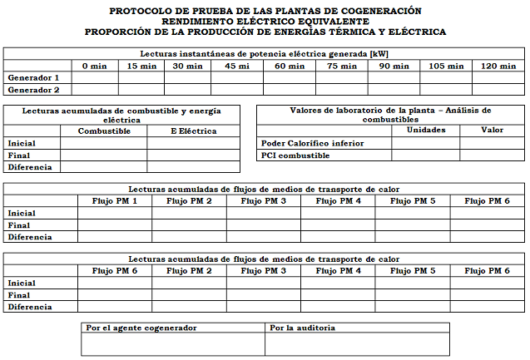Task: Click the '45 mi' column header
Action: point(236,66)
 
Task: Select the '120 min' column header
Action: point(499,66)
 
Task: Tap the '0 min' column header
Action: point(94,66)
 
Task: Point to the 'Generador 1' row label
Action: point(33,77)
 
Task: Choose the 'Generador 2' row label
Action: point(33,89)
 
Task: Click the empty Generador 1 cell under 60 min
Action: point(290,77)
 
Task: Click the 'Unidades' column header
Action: point(425,130)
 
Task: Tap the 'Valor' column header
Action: point(493,130)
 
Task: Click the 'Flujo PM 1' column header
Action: point(115,201)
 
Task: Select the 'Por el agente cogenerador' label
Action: point(141,328)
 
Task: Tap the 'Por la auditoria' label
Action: point(305,328)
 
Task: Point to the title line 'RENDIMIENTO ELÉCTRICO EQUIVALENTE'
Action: point(265,22)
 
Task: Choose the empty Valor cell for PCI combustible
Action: point(493,155)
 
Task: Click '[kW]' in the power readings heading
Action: point(379,53)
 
